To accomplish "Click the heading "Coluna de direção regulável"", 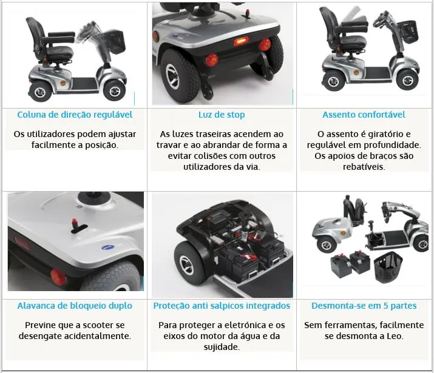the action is pyautogui.click(x=75, y=115).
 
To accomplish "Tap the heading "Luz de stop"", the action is pyautogui.click(x=222, y=115).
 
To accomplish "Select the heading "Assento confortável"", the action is pyautogui.click(x=364, y=115).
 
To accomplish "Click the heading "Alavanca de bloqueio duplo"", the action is pyautogui.click(x=75, y=306).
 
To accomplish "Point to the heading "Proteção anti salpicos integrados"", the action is pyautogui.click(x=222, y=306).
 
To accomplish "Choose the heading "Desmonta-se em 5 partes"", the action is pyautogui.click(x=364, y=306).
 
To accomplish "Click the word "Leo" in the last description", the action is pyautogui.click(x=395, y=336).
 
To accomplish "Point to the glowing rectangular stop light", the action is pyautogui.click(x=242, y=42).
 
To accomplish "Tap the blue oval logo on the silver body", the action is pyautogui.click(x=108, y=247).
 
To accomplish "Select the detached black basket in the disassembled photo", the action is pyautogui.click(x=388, y=264).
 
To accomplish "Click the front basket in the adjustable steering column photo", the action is pyautogui.click(x=114, y=42).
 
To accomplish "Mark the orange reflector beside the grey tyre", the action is pyautogui.click(x=58, y=276).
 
